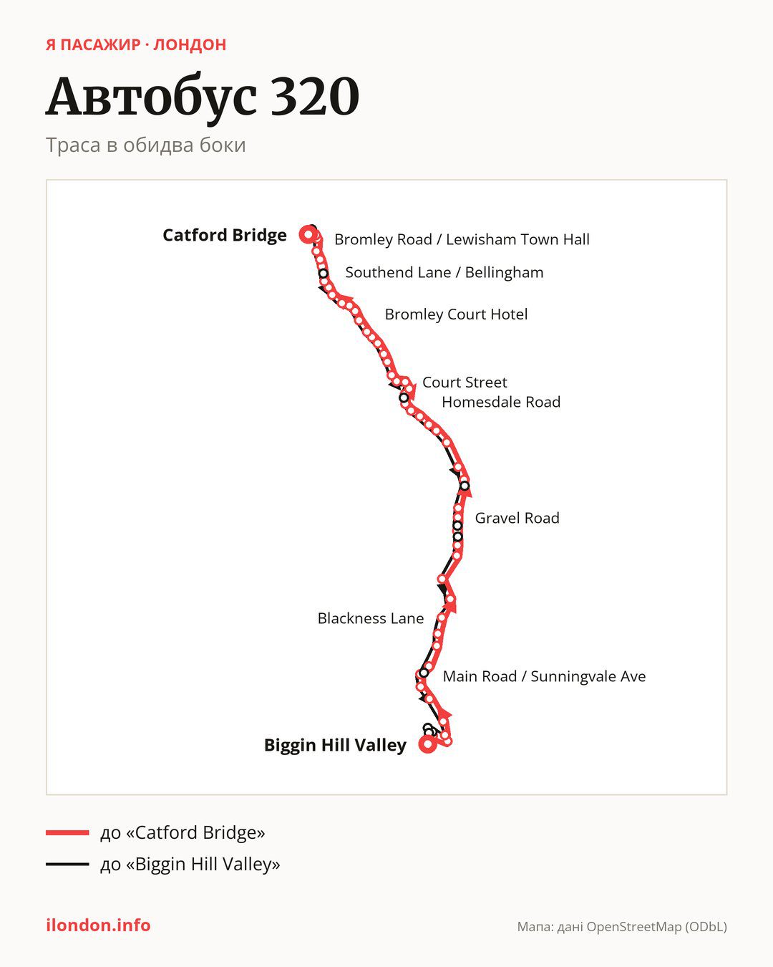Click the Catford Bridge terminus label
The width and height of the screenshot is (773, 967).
225,236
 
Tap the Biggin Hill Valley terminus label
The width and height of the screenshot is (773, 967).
335,745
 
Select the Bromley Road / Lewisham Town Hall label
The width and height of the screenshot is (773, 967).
462,239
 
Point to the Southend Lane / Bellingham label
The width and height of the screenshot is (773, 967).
444,272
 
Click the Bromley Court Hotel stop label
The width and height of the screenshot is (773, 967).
456,314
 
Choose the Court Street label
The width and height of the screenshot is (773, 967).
465,383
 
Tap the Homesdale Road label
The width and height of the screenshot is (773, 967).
501,402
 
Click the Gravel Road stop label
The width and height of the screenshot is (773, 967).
517,518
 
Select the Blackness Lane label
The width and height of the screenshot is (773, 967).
371,618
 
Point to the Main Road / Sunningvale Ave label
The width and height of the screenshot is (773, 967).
544,676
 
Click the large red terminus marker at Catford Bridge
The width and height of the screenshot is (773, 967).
308,234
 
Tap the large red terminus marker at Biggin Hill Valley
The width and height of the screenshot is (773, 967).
427,744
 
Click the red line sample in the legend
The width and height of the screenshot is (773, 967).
67,832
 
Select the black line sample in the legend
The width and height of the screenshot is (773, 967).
67,864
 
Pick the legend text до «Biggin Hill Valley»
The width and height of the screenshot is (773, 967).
190,864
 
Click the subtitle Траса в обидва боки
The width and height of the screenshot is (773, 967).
145,145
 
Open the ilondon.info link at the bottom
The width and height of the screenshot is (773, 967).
98,925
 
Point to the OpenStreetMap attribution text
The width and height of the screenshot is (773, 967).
622,927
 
